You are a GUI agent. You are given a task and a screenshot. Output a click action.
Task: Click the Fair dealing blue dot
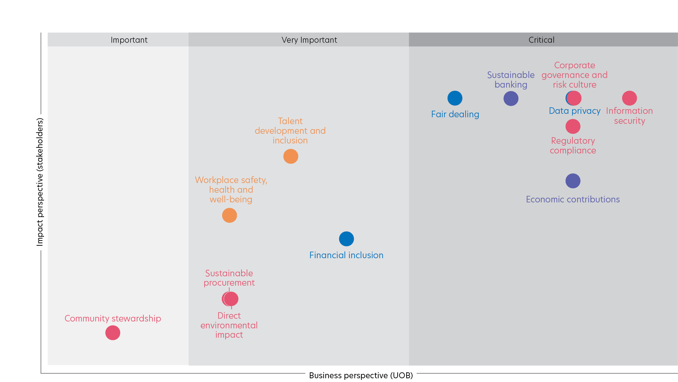click(455, 98)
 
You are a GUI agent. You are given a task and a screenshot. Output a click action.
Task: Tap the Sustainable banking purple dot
click(511, 99)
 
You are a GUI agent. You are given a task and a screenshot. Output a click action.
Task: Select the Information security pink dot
click(629, 98)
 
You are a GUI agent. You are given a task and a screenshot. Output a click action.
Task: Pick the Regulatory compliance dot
click(573, 126)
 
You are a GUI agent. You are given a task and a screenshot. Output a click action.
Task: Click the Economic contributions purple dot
click(573, 181)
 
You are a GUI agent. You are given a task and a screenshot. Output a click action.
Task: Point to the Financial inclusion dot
click(346, 239)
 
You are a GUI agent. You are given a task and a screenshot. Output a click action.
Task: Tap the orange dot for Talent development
click(290, 156)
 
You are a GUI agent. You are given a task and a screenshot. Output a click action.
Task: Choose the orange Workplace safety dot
click(230, 215)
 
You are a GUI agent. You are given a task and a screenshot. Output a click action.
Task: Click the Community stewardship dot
click(113, 333)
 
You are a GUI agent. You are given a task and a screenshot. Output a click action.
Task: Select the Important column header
click(129, 40)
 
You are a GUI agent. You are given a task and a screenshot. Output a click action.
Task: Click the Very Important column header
click(309, 40)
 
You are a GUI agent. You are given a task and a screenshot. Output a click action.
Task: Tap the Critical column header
click(541, 40)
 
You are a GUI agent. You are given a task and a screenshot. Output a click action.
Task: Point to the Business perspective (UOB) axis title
click(361, 375)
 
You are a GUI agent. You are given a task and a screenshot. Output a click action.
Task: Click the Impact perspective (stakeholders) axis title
click(40, 182)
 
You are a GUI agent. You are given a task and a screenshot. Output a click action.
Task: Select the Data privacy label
click(575, 111)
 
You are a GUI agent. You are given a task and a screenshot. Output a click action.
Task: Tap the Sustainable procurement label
click(229, 278)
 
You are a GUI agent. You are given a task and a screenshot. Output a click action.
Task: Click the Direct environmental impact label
click(229, 325)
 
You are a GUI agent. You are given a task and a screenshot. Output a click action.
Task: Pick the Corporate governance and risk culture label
click(574, 75)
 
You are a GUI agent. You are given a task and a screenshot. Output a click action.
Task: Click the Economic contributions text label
click(573, 199)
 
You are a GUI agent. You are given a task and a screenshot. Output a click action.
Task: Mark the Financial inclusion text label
click(346, 255)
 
